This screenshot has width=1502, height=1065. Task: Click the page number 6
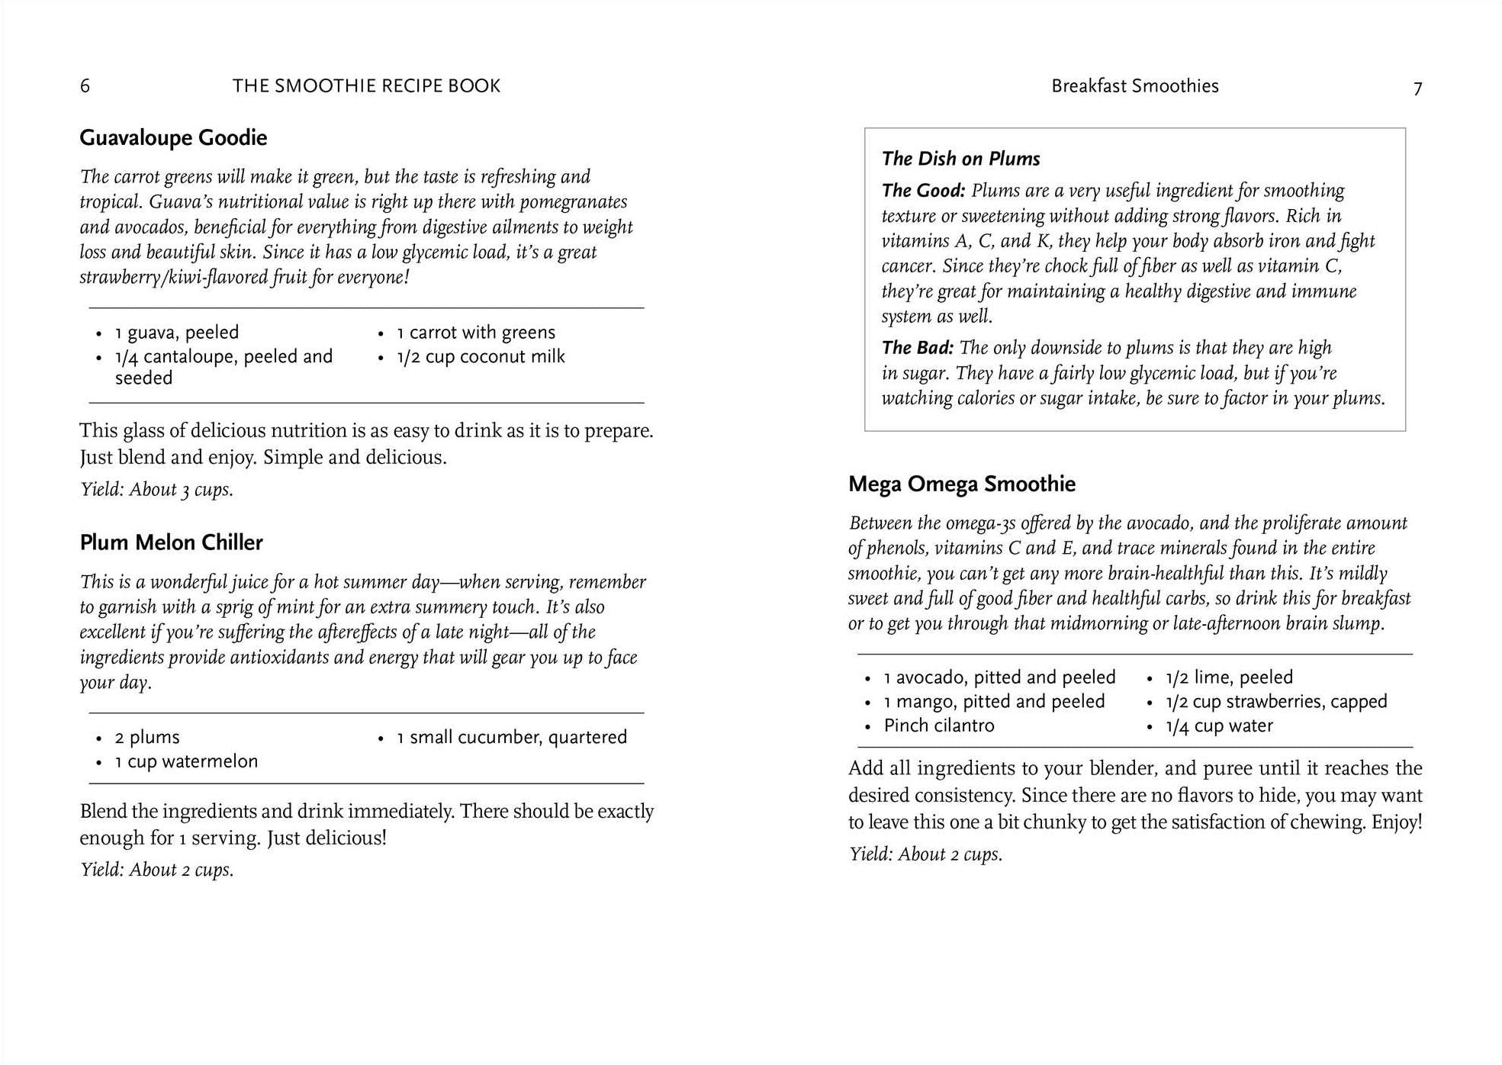[x=85, y=86]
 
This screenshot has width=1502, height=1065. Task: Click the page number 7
[x=1417, y=89]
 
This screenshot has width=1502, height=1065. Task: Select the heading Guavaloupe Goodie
[x=173, y=138]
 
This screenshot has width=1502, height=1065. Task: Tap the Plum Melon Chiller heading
[x=171, y=542]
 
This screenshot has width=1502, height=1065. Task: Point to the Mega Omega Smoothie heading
[x=961, y=484]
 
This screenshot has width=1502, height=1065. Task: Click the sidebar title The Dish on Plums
[x=960, y=159]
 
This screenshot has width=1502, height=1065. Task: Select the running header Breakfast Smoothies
[x=1134, y=86]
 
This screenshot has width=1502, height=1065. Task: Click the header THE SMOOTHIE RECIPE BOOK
[x=366, y=86]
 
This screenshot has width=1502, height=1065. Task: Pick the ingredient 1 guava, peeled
[x=176, y=333]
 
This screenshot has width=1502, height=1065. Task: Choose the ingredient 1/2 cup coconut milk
[x=481, y=356]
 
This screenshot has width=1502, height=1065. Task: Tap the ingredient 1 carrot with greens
[x=476, y=333]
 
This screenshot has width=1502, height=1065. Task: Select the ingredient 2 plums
[x=147, y=737]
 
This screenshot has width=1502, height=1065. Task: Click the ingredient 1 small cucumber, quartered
[x=511, y=737]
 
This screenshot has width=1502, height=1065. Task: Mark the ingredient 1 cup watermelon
[x=186, y=761]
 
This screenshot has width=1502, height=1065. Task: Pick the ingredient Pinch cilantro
[x=939, y=726]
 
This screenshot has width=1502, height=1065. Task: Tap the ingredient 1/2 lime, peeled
[x=1229, y=677]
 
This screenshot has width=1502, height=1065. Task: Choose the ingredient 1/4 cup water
[x=1219, y=726]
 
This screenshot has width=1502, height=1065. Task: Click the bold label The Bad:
[x=917, y=348]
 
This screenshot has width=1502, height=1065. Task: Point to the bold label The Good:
[x=923, y=191]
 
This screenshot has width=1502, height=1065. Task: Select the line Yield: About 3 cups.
[x=156, y=489]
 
